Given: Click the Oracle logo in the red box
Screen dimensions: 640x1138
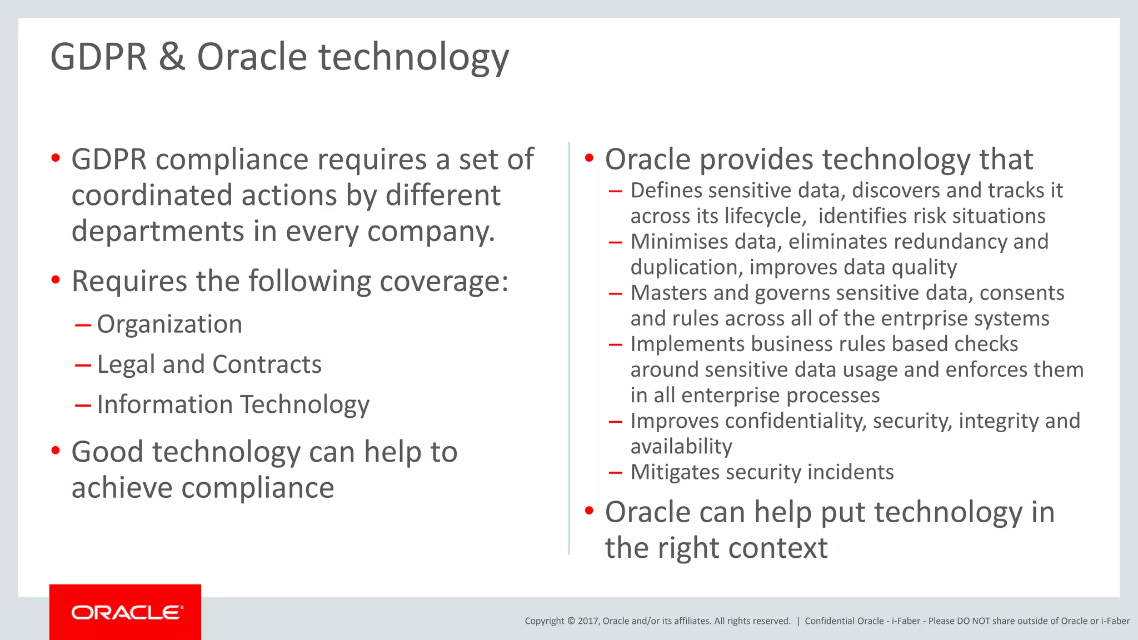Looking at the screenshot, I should click(x=127, y=612).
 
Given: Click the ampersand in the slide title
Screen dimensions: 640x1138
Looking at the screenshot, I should click(x=172, y=57).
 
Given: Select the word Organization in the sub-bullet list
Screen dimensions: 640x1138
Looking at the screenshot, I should click(x=169, y=324).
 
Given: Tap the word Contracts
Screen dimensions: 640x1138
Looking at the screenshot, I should click(x=267, y=364).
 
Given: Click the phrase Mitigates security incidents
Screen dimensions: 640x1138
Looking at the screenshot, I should click(x=762, y=472).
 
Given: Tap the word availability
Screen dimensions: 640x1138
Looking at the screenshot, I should click(x=681, y=446).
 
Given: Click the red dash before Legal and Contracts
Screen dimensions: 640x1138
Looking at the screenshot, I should click(x=83, y=365).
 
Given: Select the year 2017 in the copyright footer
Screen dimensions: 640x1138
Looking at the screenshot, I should click(x=588, y=621).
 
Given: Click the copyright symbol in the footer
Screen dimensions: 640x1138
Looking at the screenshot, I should click(x=571, y=621).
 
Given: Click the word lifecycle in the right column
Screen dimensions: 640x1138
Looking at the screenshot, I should click(x=768, y=216).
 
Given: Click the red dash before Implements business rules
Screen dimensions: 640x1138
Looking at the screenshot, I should click(x=615, y=344).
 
